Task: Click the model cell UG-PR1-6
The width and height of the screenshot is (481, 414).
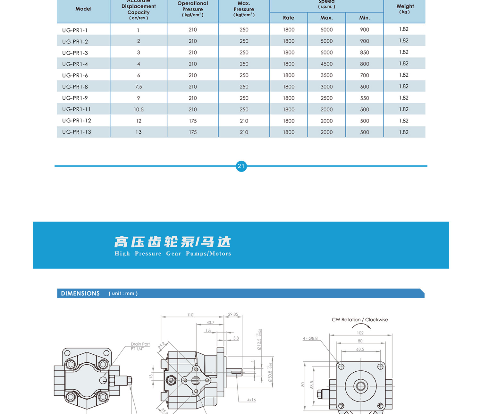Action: [75, 75]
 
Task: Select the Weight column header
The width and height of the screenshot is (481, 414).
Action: [405, 6]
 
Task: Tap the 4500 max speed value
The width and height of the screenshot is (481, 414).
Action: [326, 64]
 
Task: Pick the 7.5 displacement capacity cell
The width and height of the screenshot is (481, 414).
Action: [139, 87]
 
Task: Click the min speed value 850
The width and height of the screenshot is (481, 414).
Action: [364, 52]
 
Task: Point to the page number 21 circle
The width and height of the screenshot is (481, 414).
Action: [241, 166]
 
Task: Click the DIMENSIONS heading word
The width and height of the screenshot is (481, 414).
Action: [80, 293]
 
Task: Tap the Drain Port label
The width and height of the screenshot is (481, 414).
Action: [140, 344]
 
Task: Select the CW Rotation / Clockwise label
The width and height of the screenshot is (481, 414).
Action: [360, 320]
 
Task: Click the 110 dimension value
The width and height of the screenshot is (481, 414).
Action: [190, 315]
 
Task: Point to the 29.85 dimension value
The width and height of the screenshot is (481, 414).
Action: [233, 314]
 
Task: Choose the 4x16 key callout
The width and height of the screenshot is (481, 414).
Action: [251, 400]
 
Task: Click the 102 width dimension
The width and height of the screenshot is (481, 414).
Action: [360, 333]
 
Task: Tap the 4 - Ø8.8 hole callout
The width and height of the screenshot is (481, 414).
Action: [310, 338]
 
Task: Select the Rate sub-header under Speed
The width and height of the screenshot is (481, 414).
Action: [288, 18]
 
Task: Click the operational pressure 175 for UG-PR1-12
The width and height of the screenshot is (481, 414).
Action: [193, 121]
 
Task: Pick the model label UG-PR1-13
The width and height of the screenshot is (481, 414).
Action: [77, 132]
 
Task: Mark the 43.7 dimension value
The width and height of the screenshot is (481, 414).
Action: [210, 323]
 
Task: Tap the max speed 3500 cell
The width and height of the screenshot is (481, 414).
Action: [326, 75]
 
